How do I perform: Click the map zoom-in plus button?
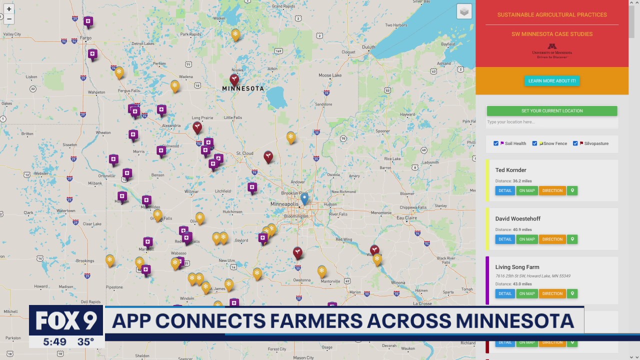pos(9,9)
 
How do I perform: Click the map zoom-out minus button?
pos(9,19)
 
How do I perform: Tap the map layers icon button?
pos(464,11)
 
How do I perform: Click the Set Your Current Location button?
pos(552,111)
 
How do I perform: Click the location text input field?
pos(552,122)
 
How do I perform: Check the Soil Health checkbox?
pos(496,143)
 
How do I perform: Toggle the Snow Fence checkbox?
pos(534,143)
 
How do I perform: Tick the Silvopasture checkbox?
pos(575,143)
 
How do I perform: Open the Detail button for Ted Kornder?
pos(505,190)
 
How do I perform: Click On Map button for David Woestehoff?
pos(527,239)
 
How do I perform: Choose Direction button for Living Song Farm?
pos(552,293)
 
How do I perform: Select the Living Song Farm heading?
pos(517,267)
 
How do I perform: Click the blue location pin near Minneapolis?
pos(304,198)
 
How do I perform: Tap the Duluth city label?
pos(368,47)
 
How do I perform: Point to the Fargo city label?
pos(85,38)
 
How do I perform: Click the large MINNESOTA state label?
pos(243,88)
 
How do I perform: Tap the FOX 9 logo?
pos(66,320)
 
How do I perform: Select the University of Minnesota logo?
pos(552,51)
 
